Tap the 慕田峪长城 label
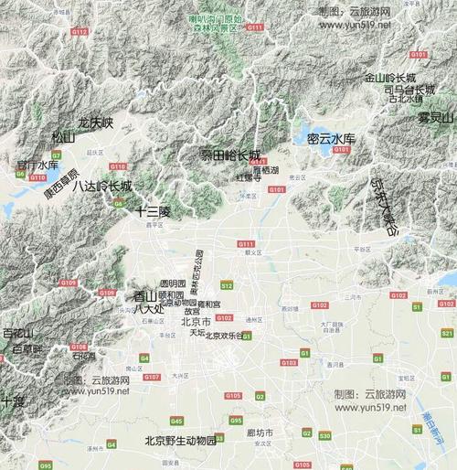click(x=230, y=155)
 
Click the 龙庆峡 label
click(x=95, y=122)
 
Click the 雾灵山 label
click(x=436, y=118)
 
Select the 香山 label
click(x=145, y=295)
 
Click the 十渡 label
click(x=13, y=401)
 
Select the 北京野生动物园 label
click(x=181, y=440)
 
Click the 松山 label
click(x=63, y=137)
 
